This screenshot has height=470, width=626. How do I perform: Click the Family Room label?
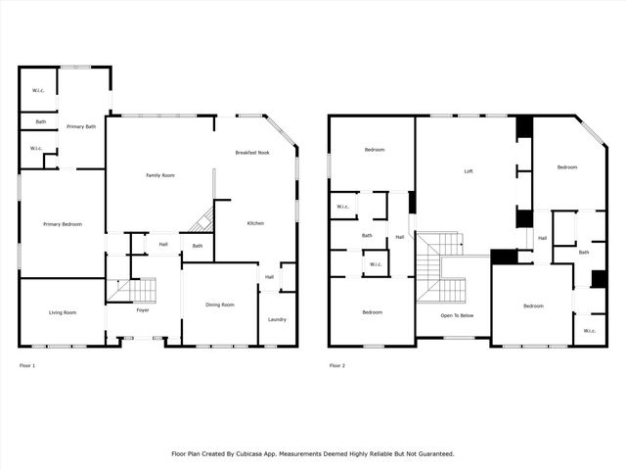click(x=160, y=175)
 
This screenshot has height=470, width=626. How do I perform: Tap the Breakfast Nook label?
click(x=252, y=153)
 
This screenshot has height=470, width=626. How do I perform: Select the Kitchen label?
click(x=255, y=223)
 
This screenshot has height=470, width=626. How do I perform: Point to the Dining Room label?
click(x=220, y=305)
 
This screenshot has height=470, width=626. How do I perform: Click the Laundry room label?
click(x=277, y=319)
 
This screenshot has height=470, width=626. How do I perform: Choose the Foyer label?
click(x=143, y=310)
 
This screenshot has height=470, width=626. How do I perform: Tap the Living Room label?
click(x=63, y=312)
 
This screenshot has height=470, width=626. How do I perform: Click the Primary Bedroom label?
click(x=63, y=224)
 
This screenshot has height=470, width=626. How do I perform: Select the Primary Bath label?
click(x=81, y=126)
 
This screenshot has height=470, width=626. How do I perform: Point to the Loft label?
click(x=469, y=171)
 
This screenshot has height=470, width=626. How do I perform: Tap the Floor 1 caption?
click(x=27, y=365)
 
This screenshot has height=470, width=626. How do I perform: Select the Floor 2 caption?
click(x=336, y=365)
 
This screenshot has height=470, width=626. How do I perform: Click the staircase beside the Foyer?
click(x=135, y=290)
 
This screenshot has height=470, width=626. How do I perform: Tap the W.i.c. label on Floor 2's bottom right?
click(x=590, y=331)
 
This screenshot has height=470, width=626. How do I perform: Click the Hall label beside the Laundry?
click(x=269, y=276)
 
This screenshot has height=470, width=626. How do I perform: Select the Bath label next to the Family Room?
click(x=198, y=246)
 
